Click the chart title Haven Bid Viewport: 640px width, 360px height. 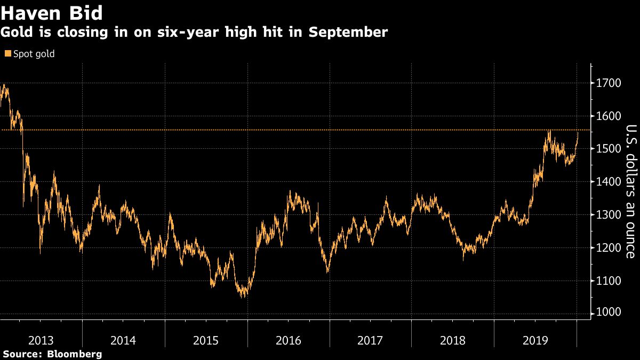[x=52, y=12]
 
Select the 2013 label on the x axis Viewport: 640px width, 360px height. [x=41, y=340]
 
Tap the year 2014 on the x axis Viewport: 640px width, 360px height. [x=123, y=340]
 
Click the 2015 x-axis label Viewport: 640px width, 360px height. [x=206, y=340]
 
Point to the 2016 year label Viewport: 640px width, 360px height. [x=288, y=340]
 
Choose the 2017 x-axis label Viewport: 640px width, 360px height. [x=370, y=340]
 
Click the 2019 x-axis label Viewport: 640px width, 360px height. [x=535, y=340]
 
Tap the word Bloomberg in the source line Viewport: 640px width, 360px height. [x=75, y=354]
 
